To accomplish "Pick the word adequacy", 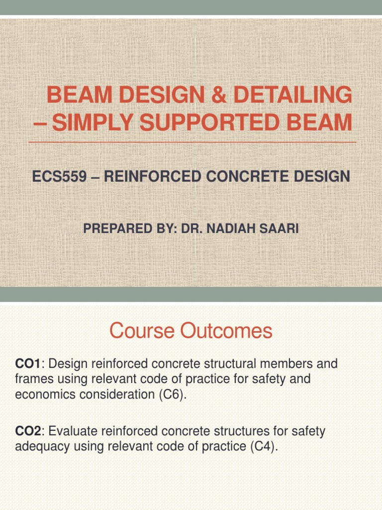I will [x=42, y=447].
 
